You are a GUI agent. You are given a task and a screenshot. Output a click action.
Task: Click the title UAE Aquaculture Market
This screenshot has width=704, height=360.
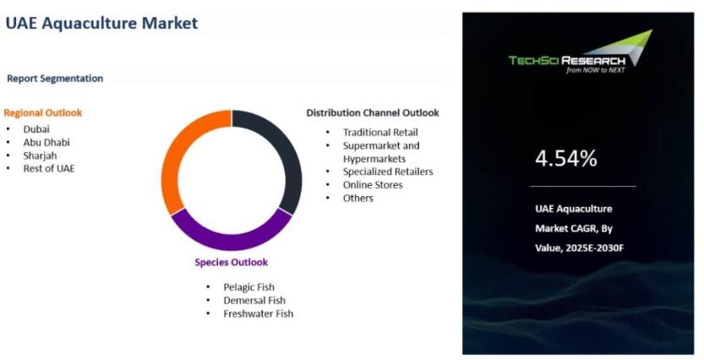101,23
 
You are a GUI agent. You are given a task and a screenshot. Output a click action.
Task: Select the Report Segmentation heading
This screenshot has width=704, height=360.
55,79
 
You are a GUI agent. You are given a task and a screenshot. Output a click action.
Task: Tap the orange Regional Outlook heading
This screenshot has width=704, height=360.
43,112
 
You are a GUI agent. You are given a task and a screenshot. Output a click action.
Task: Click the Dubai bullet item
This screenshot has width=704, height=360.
36,129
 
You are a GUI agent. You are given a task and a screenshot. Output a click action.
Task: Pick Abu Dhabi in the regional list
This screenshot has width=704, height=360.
46,142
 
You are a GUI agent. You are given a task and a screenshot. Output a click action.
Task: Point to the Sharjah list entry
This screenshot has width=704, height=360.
40,155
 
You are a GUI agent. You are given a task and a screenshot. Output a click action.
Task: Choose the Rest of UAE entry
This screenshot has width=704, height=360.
49,168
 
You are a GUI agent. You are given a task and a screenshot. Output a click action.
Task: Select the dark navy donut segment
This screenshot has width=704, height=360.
292,157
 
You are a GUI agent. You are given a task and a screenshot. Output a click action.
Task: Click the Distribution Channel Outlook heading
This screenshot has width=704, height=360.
373,112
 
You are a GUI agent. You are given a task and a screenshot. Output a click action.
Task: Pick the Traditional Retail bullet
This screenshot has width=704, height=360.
380,133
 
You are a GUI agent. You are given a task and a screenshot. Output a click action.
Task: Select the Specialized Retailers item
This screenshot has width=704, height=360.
388,172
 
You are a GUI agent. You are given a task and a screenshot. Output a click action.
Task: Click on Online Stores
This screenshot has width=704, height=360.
373,185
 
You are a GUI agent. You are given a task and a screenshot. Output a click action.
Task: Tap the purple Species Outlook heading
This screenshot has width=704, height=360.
232,262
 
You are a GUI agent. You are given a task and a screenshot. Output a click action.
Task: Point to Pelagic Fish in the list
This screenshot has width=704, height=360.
248,287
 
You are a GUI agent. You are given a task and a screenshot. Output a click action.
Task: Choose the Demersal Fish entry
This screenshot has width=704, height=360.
254,300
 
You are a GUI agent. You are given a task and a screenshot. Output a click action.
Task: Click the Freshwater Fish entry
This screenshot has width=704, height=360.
258,314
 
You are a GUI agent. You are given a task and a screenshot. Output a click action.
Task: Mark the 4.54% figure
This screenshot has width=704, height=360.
566,158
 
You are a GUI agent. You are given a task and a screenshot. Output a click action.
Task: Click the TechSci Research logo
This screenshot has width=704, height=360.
580,52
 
